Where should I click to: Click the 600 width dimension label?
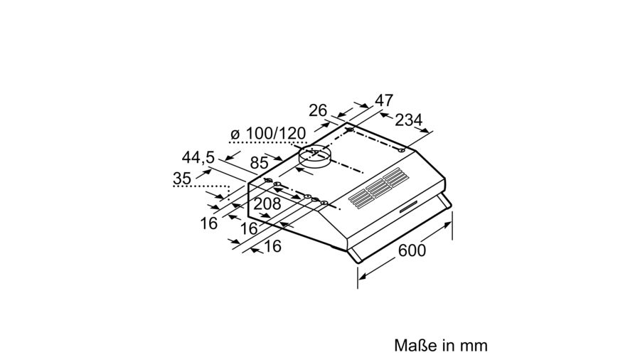coord(412,250)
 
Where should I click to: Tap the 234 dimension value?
coord(409,120)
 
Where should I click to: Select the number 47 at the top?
coord(384,100)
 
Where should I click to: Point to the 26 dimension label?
coord(318,110)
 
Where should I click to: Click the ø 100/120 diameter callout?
coord(268,134)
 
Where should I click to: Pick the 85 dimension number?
coord(259,162)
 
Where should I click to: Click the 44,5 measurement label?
coord(198,157)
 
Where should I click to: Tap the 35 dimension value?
coord(182,179)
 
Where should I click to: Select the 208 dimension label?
coord(268,203)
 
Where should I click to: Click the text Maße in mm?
coord(441,345)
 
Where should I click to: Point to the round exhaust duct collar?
coord(313,158)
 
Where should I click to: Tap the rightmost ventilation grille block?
coord(395,178)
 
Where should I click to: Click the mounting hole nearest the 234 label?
coord(402,150)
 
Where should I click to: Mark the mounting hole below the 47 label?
coord(350,130)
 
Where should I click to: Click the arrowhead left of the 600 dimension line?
coord(362,275)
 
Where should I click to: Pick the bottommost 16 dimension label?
coord(272,246)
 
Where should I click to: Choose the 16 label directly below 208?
coord(249,228)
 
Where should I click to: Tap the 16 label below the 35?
coord(208,223)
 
